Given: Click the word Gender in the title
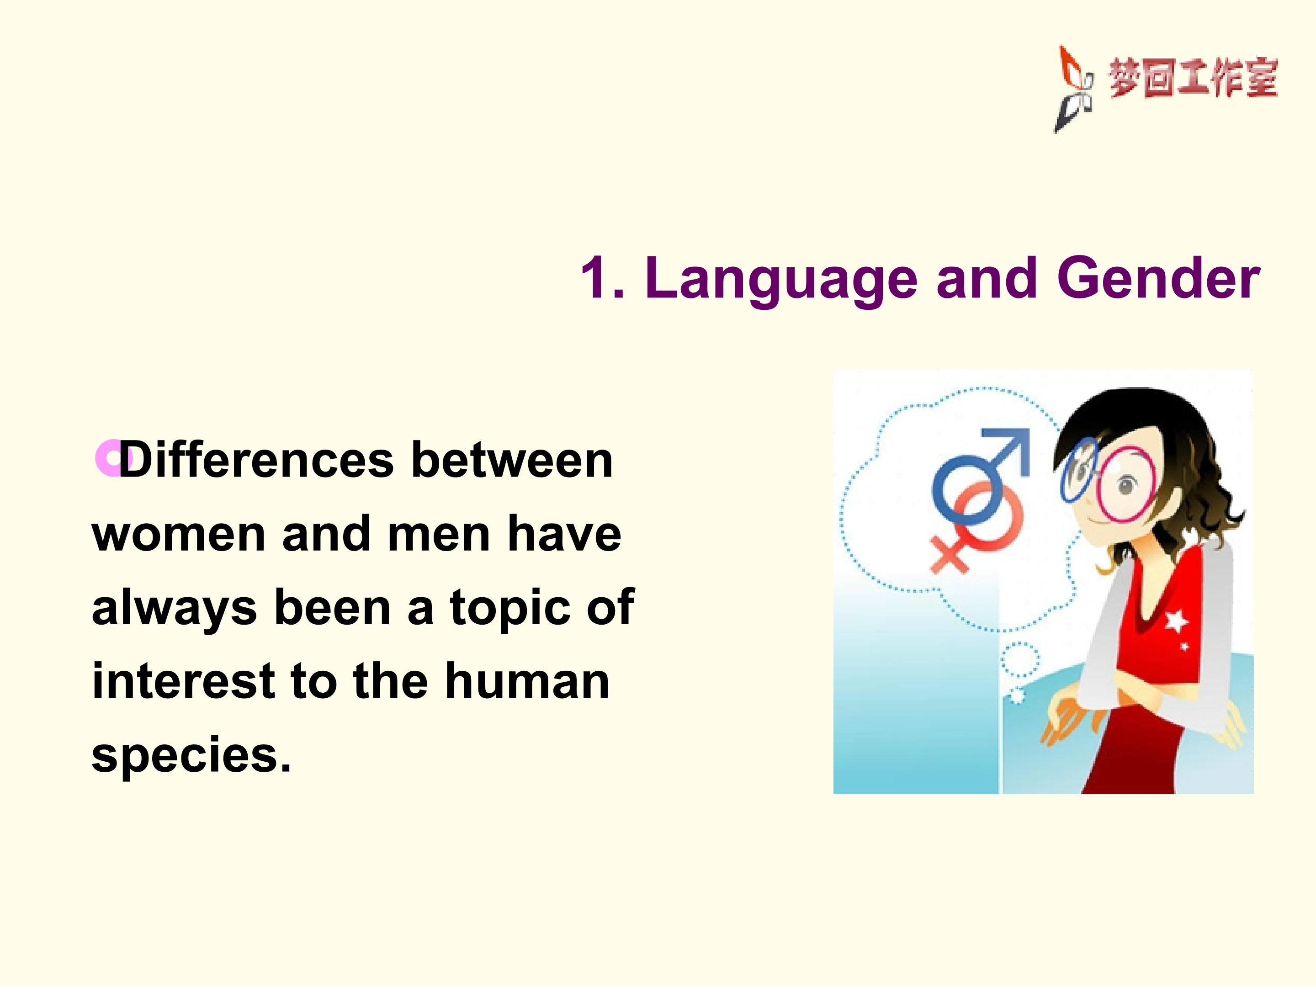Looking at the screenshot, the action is coord(1158,278).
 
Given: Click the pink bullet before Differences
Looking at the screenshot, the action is coord(113,458).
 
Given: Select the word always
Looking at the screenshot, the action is coord(174,608).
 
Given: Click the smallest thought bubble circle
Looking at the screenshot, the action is coord(1018,695).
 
